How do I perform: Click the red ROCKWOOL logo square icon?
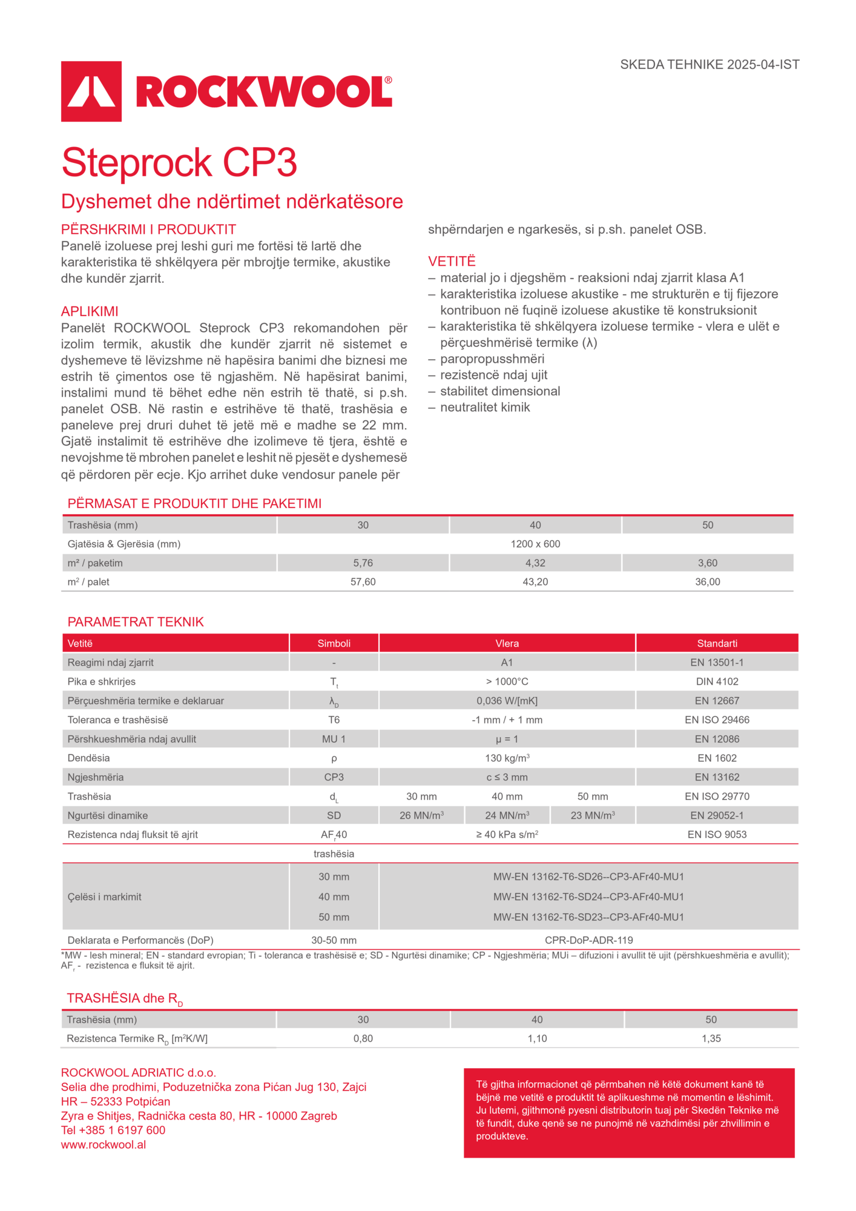point(91,91)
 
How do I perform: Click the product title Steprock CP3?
point(179,162)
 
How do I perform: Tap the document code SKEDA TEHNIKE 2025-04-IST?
point(709,65)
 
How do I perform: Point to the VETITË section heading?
point(452,261)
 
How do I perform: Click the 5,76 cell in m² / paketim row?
point(363,563)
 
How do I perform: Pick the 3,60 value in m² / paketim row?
point(707,563)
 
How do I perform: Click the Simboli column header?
point(334,643)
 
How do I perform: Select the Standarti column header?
point(717,643)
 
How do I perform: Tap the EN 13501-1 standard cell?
point(717,662)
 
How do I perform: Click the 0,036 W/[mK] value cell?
point(507,701)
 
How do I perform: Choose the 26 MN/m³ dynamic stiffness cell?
point(421,816)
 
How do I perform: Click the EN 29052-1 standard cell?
point(717,816)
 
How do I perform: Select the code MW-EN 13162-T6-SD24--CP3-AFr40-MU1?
point(588,897)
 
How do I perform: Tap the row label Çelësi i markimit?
point(104,897)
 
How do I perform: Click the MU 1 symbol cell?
point(334,739)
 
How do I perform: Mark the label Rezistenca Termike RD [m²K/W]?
point(137,1038)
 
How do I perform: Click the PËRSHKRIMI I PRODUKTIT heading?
point(148,229)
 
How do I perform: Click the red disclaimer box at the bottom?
point(629,1113)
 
